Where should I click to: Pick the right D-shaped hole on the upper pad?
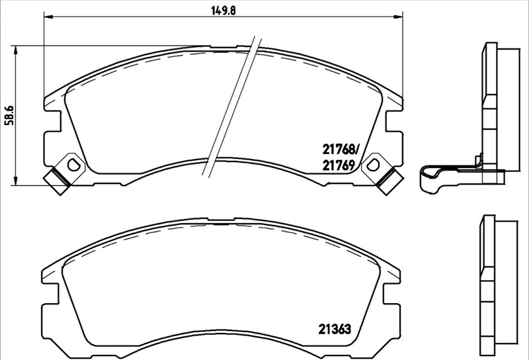point(374,163)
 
